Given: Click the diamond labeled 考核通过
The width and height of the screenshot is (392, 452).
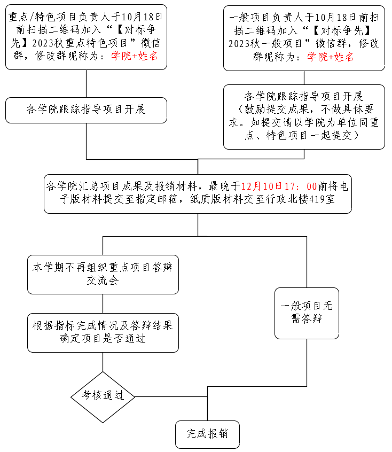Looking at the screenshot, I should pyautogui.click(x=103, y=396).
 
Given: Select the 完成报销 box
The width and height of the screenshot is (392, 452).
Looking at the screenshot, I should pyautogui.click(x=207, y=434).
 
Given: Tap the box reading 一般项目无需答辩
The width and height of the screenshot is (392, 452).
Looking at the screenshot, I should pyautogui.click(x=307, y=313).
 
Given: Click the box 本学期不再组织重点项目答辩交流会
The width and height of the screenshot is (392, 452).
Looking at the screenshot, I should pyautogui.click(x=103, y=274).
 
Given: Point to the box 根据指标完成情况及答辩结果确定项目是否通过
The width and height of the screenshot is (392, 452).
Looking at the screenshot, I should pyautogui.click(x=103, y=332).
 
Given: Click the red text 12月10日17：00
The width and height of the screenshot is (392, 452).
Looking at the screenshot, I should pyautogui.click(x=279, y=186).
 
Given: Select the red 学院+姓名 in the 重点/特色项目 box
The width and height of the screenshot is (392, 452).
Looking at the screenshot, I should pyautogui.click(x=134, y=56).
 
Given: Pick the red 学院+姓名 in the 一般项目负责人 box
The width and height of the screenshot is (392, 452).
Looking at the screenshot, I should pyautogui.click(x=330, y=58).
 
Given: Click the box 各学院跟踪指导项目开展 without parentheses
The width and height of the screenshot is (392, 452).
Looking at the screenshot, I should pyautogui.click(x=86, y=110).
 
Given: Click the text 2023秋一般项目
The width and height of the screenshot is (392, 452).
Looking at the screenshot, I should pyautogui.click(x=261, y=44).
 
